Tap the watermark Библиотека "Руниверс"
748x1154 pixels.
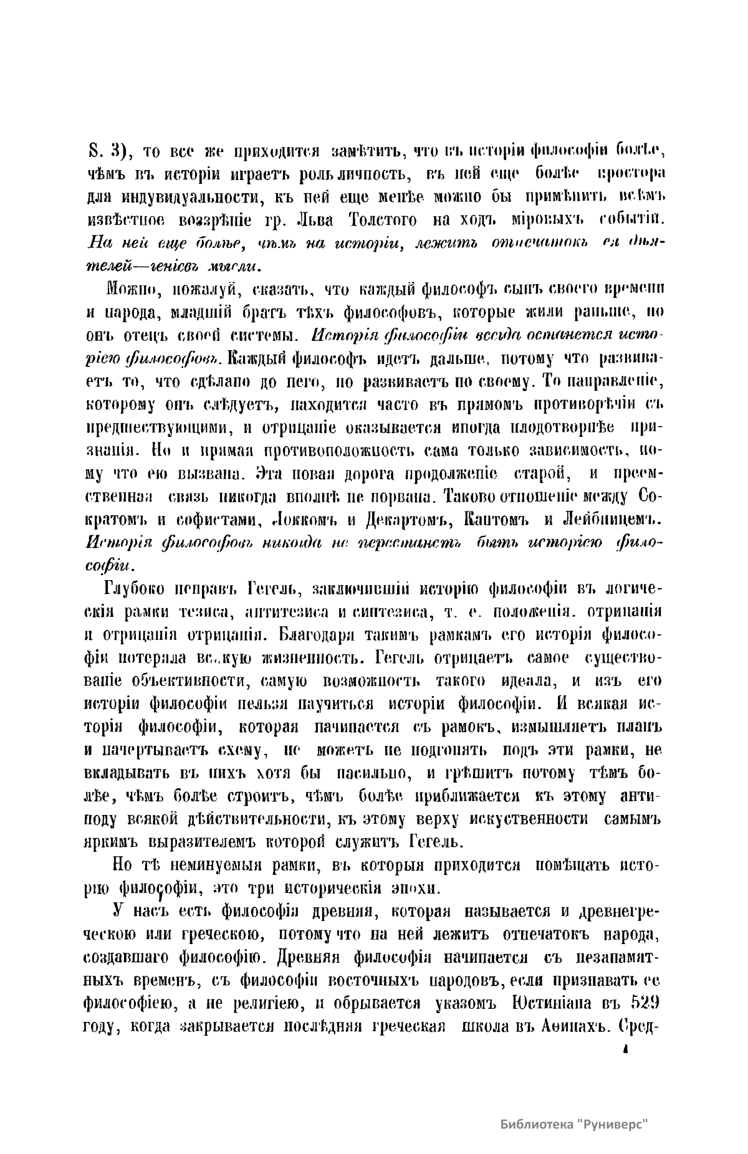574,1125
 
